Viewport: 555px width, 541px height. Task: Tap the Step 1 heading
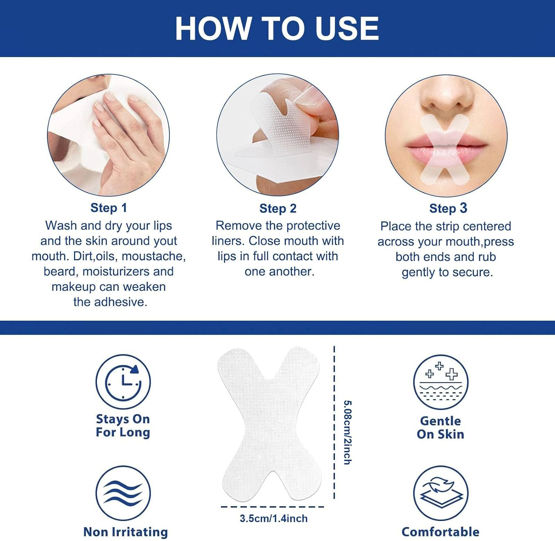tap(108, 208)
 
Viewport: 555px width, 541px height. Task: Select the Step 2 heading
tap(278, 208)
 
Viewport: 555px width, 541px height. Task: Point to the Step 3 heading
tap(448, 208)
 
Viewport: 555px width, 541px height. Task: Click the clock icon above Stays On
tap(123, 382)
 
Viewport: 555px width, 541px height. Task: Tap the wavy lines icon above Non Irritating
tap(123, 493)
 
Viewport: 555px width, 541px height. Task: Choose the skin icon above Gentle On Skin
tap(440, 382)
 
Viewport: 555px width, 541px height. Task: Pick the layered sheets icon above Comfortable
tap(440, 493)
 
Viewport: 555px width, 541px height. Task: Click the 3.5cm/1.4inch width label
tap(273, 518)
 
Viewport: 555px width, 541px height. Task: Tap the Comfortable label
tap(440, 532)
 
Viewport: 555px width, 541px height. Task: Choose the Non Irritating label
tap(125, 532)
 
